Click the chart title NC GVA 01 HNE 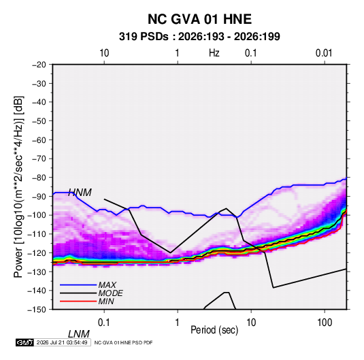[x=199, y=19]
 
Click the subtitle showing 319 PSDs [x=199, y=37]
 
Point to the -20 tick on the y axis [x=39, y=65]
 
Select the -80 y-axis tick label [x=39, y=178]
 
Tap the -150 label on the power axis [x=37, y=310]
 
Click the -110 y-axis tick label [x=37, y=234]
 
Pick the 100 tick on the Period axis [x=325, y=323]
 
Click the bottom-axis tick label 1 [x=178, y=323]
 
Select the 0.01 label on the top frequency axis [x=324, y=53]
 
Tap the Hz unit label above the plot [x=214, y=53]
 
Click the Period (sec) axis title [x=214, y=330]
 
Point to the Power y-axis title [x=18, y=187]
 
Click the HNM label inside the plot [x=80, y=193]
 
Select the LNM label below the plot [x=79, y=334]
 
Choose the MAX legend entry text [x=107, y=285]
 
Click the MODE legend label [x=110, y=293]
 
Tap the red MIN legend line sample [x=78, y=301]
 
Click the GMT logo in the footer [x=25, y=342]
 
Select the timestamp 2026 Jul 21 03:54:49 [x=62, y=342]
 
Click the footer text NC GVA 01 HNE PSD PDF [x=124, y=342]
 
